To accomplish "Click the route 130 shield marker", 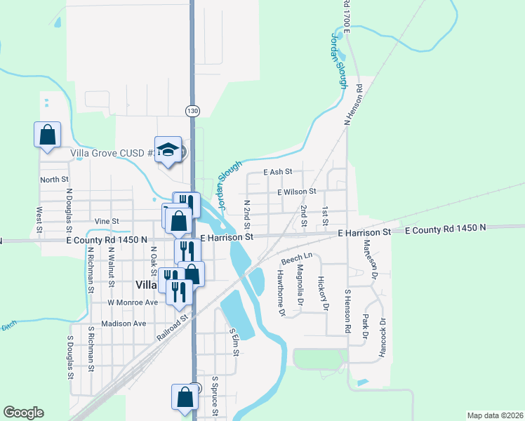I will pyautogui.click(x=192, y=111).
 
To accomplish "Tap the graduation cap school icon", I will pyautogui.click(x=168, y=149).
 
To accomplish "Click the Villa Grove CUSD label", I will pyautogui.click(x=112, y=153).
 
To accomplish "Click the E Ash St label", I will pyautogui.click(x=278, y=172).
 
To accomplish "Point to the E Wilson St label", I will pyautogui.click(x=297, y=191).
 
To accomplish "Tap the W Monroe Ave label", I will pyautogui.click(x=132, y=302).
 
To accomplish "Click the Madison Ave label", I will pyautogui.click(x=123, y=323).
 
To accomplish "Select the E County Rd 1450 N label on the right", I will pyautogui.click(x=444, y=229).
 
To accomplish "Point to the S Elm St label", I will pyautogui.click(x=235, y=341).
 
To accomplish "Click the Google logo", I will pyautogui.click(x=23, y=413).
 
